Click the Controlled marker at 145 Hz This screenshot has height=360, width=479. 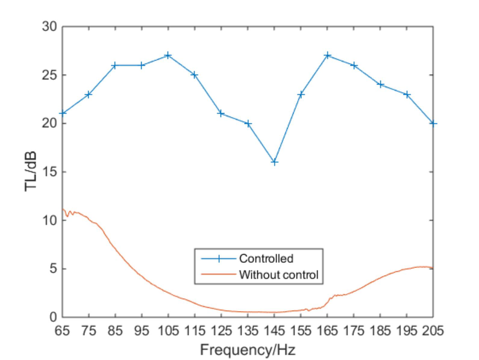point(274,162)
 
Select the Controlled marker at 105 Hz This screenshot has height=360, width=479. point(168,55)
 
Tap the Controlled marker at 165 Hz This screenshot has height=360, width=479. point(327,55)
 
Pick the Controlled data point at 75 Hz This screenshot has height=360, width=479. point(89,94)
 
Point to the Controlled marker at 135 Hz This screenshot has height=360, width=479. point(248,123)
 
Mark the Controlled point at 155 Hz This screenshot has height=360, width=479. point(301,94)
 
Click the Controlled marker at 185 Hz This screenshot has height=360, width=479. point(380,84)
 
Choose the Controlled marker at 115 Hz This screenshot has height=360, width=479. point(195,75)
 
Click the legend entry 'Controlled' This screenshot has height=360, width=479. point(266,259)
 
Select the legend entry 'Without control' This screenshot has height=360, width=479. point(278,275)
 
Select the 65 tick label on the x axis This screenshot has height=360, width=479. point(62,330)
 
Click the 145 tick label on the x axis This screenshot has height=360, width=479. point(274,330)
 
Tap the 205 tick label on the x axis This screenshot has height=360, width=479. point(433,330)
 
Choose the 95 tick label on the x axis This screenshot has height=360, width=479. point(142,330)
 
